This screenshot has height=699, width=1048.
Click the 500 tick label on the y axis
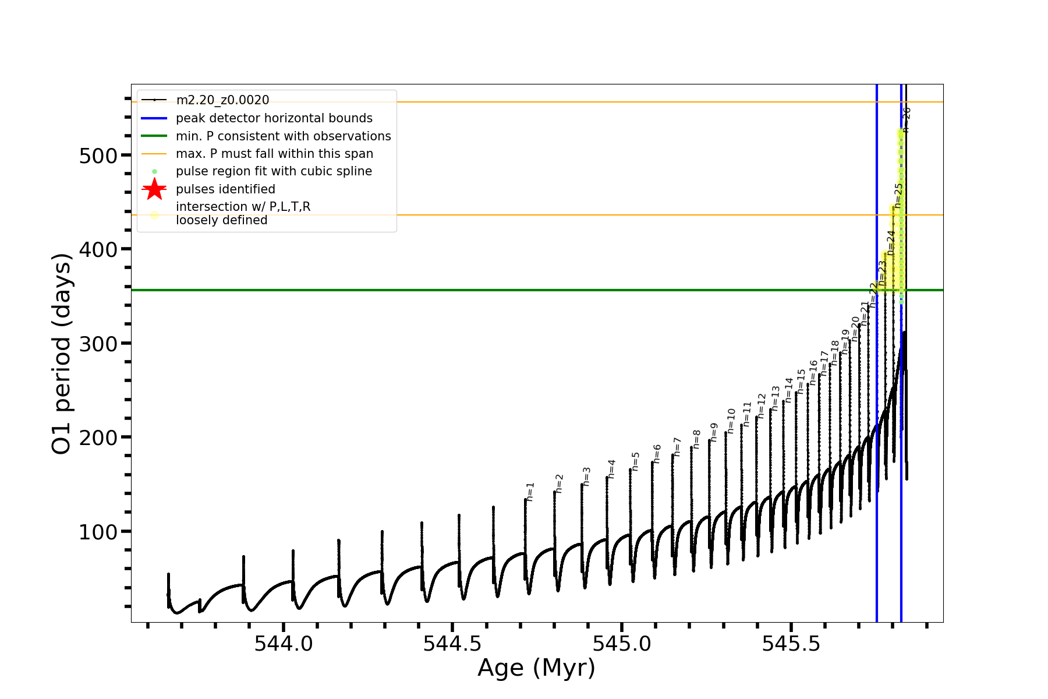click(x=98, y=156)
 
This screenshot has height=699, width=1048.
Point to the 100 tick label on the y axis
click(x=98, y=532)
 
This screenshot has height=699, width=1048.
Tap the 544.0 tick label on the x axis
click(x=284, y=644)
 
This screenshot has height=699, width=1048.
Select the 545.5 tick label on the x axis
click(x=791, y=644)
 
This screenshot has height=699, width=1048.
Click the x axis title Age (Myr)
click(x=536, y=668)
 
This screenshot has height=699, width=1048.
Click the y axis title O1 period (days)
click(x=62, y=354)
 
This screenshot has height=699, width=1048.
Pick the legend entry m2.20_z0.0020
click(x=222, y=100)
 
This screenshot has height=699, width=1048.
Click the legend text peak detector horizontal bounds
click(x=274, y=118)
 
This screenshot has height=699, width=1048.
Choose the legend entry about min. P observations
click(x=284, y=136)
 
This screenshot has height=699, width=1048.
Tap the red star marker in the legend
click(x=154, y=189)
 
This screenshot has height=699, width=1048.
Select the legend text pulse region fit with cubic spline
click(x=274, y=171)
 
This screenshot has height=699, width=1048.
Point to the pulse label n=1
click(x=530, y=492)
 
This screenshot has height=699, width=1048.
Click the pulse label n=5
click(x=636, y=461)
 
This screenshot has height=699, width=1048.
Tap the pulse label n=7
click(x=677, y=447)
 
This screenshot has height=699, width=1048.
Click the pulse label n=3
click(x=587, y=476)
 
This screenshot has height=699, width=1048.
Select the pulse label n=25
click(x=899, y=195)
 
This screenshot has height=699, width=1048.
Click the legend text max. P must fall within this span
click(x=274, y=154)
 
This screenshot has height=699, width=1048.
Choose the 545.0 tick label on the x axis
click(x=622, y=644)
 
